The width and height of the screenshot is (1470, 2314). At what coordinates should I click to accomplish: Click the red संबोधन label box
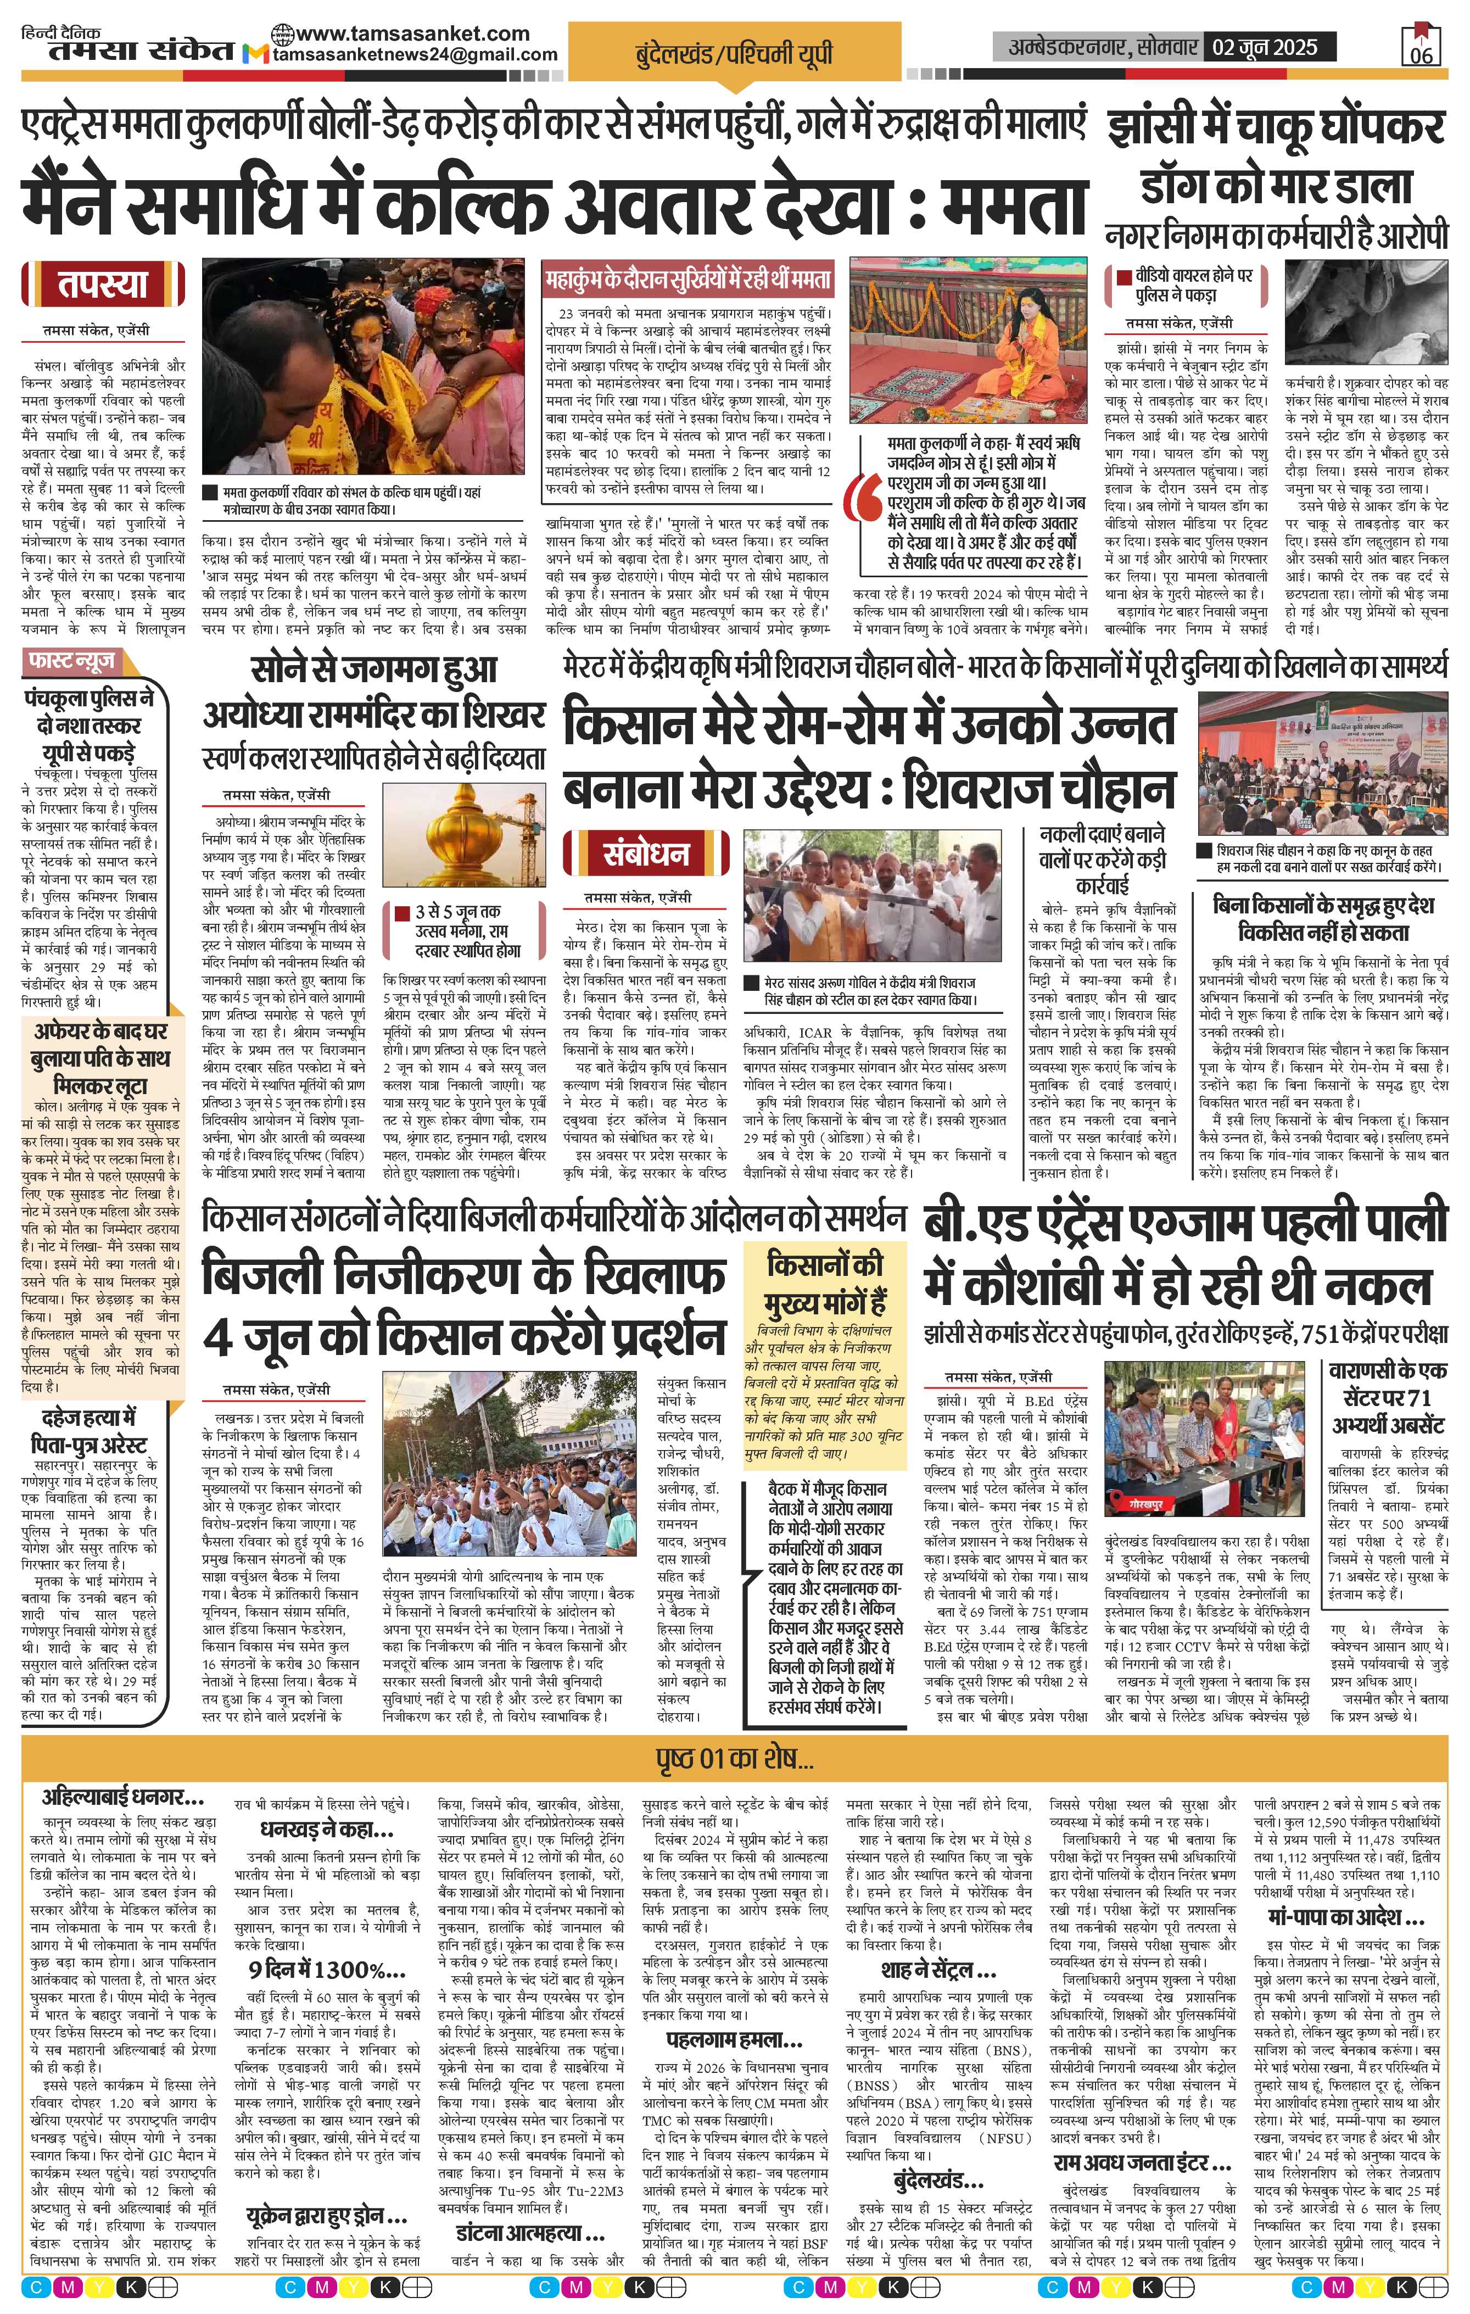tap(646, 854)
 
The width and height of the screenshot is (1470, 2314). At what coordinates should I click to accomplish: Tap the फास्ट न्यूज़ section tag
tap(73, 661)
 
